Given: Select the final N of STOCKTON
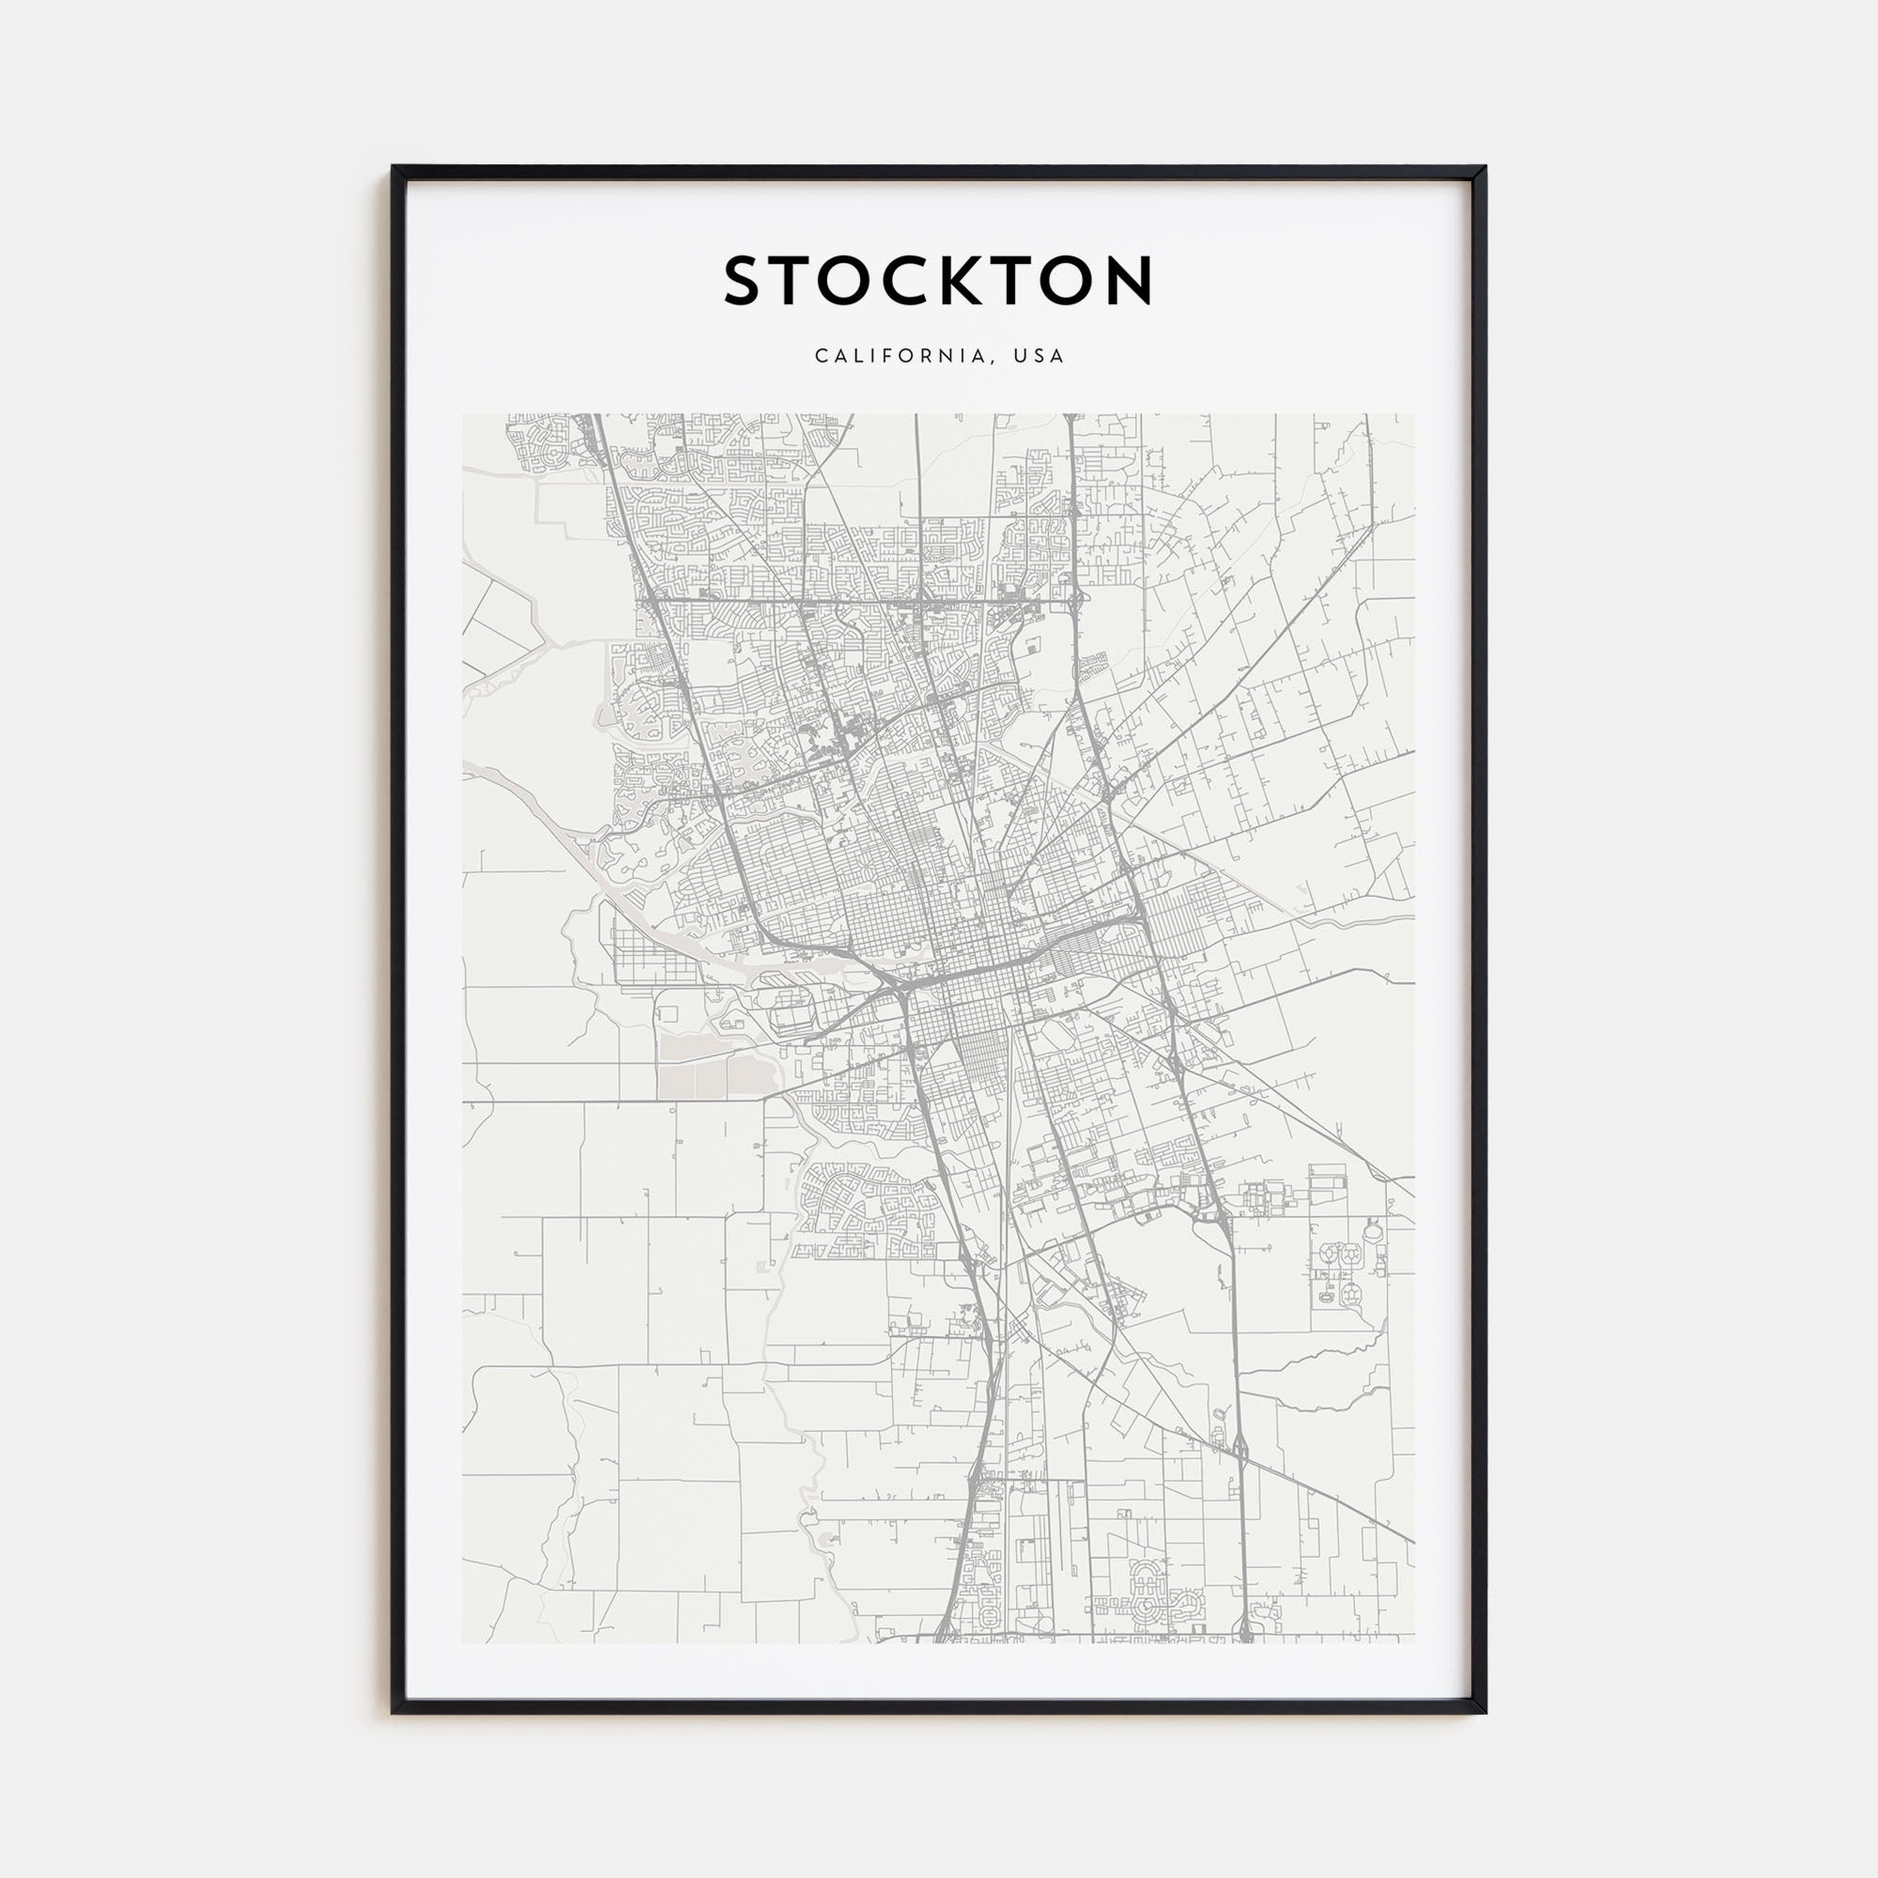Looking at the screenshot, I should click(x=1128, y=281).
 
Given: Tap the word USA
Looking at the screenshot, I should click(x=1039, y=356).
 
